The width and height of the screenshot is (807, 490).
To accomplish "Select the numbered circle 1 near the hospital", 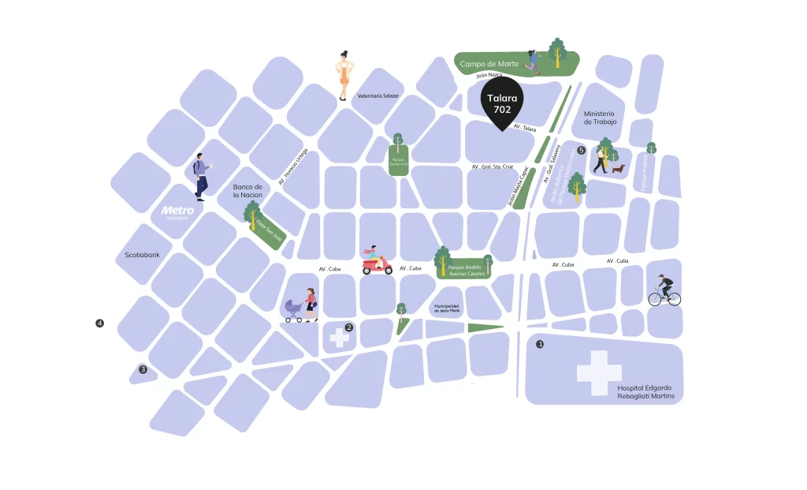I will click(540, 344).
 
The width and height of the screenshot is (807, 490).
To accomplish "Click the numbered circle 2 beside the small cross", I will click(349, 327).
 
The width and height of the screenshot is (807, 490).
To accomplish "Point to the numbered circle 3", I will click(143, 369).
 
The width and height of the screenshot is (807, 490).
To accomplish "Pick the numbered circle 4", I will click(99, 323).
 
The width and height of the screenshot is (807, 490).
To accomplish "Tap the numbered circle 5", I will click(582, 150).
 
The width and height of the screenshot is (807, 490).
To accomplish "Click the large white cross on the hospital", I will click(599, 372).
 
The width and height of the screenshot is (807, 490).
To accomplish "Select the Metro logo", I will click(177, 211).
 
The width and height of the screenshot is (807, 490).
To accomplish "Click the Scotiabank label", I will click(143, 255).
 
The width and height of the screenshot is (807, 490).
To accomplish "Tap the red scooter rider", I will click(377, 261).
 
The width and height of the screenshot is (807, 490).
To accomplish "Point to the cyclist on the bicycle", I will click(664, 291).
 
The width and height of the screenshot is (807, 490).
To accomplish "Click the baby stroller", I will click(294, 310).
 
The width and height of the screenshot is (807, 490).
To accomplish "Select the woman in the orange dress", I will click(344, 76).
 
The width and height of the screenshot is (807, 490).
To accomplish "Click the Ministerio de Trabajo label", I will click(599, 118).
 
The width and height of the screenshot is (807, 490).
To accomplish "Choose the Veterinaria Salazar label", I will click(378, 95).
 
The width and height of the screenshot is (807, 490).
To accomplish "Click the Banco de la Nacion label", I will click(247, 190).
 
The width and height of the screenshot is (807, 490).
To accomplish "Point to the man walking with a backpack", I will click(201, 176).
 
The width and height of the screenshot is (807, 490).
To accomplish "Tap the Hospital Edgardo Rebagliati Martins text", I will click(645, 392).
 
